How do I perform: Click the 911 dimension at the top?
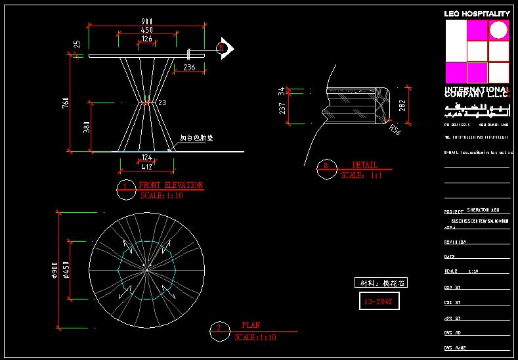coord(147,21)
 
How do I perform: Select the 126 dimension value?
coord(147,39)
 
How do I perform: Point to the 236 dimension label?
coord(189,67)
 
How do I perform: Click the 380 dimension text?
coord(87,127)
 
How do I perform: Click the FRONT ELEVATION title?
coord(171,185)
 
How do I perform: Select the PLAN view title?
coord(251,325)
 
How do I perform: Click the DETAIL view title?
coord(365,165)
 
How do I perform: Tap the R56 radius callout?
coord(395,130)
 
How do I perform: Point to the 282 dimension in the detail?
coord(403,105)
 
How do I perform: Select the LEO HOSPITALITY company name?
coord(477,13)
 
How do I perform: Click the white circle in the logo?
coord(499,30)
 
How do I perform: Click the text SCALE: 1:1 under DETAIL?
coord(361,175)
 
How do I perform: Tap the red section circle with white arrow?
coord(223,47)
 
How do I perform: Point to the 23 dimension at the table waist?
coord(162,102)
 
